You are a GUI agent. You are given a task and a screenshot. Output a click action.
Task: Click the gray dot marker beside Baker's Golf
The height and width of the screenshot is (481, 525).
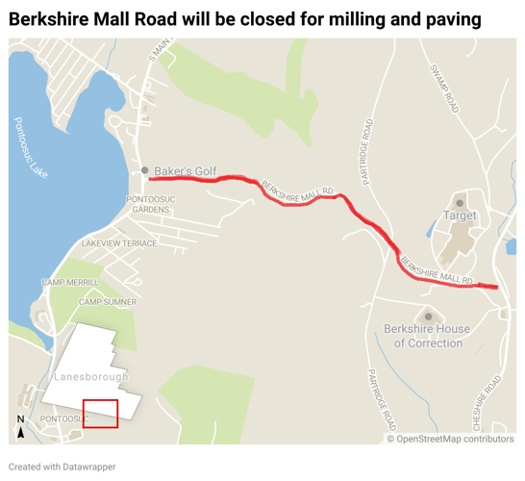pyautogui.click(x=145, y=171)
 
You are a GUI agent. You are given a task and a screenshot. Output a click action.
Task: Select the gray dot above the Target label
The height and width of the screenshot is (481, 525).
pyautogui.click(x=460, y=203)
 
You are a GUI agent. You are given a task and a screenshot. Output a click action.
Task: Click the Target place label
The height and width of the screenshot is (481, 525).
pyautogui.click(x=460, y=216)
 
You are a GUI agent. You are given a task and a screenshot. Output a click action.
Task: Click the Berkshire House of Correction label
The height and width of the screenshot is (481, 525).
pyautogui.click(x=427, y=336)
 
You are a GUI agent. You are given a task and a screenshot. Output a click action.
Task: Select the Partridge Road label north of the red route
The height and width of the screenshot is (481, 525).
pyautogui.click(x=366, y=152)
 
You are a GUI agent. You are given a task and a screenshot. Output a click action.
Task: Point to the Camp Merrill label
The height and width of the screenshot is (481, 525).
pyautogui.click(x=69, y=282)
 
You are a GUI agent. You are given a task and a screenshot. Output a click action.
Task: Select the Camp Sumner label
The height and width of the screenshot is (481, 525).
pyautogui.click(x=108, y=302)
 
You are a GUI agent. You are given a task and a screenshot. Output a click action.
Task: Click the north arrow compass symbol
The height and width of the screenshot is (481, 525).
pyautogui.click(x=20, y=425)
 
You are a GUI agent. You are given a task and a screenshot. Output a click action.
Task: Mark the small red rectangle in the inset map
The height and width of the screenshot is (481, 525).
pyautogui.click(x=100, y=413)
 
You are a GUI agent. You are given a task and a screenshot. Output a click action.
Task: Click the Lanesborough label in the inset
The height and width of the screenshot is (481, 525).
pyautogui.click(x=91, y=376)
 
